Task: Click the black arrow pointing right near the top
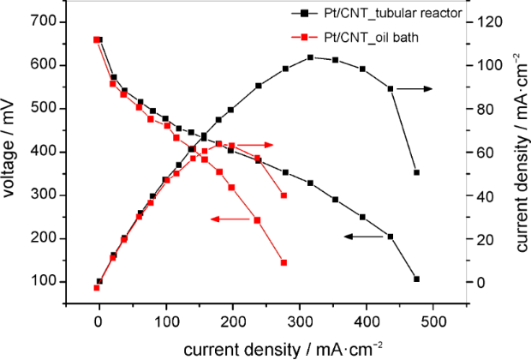coord(415,88)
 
